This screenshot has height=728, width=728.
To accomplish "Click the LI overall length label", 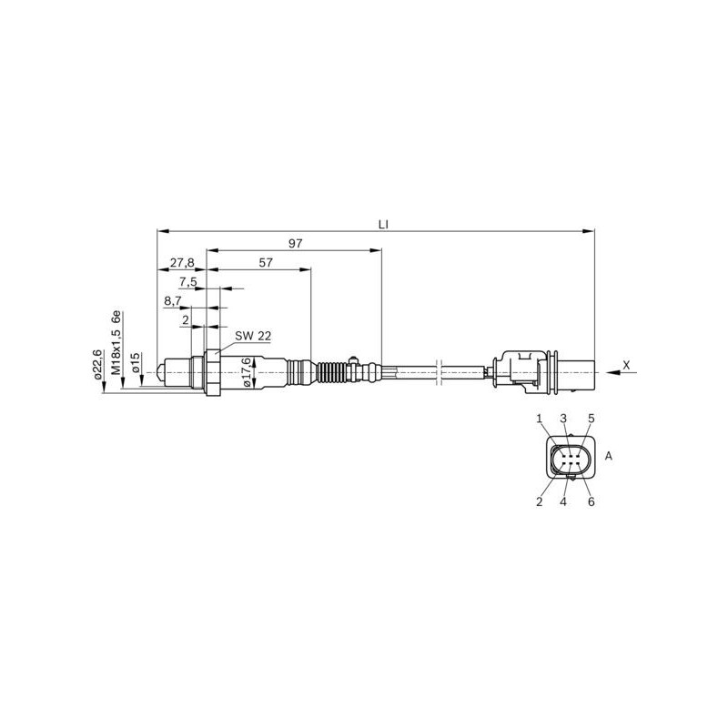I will point(384,221).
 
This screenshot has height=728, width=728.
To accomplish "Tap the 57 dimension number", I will point(266,263).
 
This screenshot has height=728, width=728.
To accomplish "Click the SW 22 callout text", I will point(253,336).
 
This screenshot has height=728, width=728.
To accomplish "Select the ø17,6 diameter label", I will point(246,372).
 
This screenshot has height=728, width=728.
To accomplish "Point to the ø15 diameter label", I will point(135,363).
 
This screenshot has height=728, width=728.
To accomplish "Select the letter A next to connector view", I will point(609,456).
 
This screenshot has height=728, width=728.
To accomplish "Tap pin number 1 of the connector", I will point(540,418).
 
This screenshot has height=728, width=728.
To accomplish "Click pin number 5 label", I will point(591,418).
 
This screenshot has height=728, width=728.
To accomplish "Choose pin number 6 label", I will point(591,500).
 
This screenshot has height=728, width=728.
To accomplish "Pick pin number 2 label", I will point(540,500).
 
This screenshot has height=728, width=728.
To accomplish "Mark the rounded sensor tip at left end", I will point(161,372).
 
